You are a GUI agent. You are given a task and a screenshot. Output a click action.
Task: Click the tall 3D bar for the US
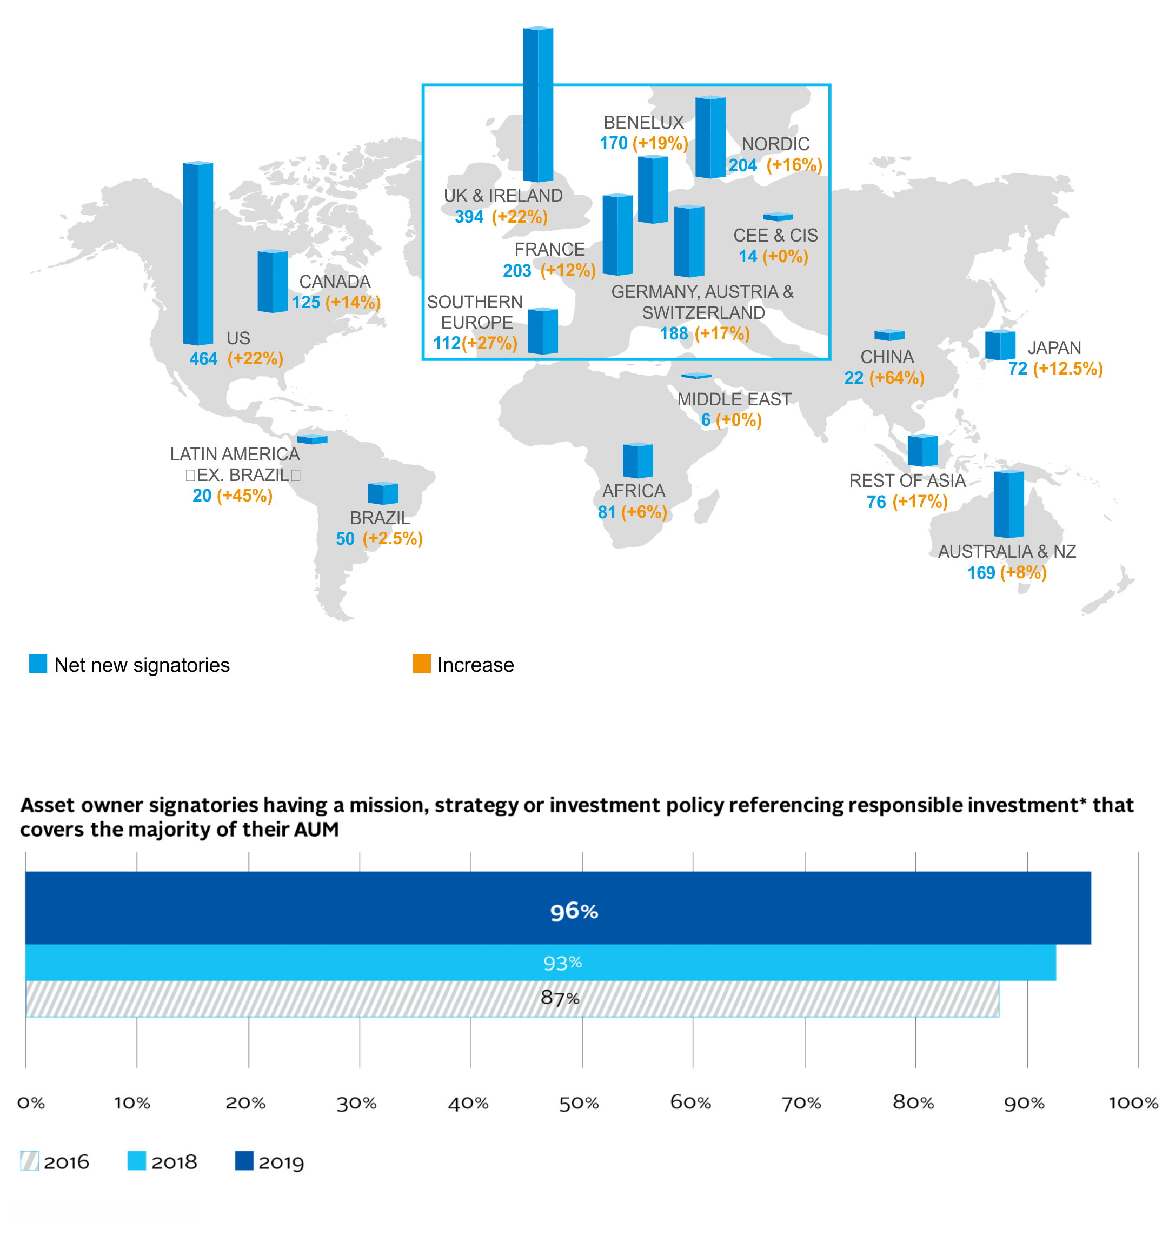(198, 253)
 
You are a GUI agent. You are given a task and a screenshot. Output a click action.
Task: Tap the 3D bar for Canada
(273, 282)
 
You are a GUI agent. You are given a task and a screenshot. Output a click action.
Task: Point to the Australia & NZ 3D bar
(1008, 504)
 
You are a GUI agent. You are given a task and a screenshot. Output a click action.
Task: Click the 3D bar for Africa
(637, 460)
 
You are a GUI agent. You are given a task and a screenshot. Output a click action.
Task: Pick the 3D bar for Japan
(1000, 345)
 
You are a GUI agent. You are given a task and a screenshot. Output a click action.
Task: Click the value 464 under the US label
(203, 359)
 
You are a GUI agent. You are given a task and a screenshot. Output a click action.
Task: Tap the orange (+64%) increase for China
(896, 378)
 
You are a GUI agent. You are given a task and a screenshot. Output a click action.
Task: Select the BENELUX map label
(643, 123)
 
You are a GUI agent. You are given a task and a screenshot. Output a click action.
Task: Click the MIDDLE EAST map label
(734, 399)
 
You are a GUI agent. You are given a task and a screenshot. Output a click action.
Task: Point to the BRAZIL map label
(380, 518)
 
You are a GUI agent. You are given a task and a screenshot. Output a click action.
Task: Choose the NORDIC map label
(775, 144)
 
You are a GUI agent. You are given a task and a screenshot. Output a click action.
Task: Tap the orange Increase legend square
(422, 664)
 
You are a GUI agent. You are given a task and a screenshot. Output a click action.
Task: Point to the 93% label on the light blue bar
(562, 963)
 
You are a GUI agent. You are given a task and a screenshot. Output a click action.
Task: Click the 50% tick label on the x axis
(579, 1103)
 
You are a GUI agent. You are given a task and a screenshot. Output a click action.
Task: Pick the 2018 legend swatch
(136, 1160)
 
